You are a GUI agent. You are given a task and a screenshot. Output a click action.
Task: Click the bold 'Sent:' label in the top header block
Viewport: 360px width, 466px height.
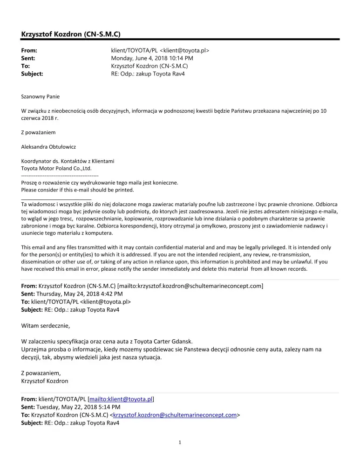(x=28, y=58)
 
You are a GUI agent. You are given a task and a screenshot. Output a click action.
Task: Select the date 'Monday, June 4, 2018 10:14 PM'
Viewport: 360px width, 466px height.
(x=152, y=58)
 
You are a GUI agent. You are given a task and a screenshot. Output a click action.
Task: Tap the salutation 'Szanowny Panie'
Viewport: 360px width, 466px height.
(x=41, y=96)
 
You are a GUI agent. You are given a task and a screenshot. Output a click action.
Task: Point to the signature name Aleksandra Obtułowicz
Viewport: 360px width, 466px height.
(x=48, y=147)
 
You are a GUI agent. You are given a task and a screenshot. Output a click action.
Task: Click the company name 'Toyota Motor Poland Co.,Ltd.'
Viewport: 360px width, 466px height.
(x=56, y=168)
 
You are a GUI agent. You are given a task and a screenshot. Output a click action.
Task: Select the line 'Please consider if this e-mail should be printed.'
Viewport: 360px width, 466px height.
(x=77, y=190)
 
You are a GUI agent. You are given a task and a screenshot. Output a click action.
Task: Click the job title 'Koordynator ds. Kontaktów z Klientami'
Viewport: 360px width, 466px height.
(x=68, y=161)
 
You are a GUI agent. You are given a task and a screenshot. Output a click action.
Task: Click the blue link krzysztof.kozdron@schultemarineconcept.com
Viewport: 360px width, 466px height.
(x=175, y=415)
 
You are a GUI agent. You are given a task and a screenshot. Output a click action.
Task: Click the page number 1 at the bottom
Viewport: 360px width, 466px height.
(x=180, y=443)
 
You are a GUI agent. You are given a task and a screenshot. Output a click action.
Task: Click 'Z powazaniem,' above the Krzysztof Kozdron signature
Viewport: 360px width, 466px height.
(x=41, y=373)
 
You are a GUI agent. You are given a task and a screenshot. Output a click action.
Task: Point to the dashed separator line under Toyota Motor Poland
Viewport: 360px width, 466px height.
(x=60, y=175)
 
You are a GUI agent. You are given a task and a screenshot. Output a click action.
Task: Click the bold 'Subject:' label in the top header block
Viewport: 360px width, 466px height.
(x=32, y=74)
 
